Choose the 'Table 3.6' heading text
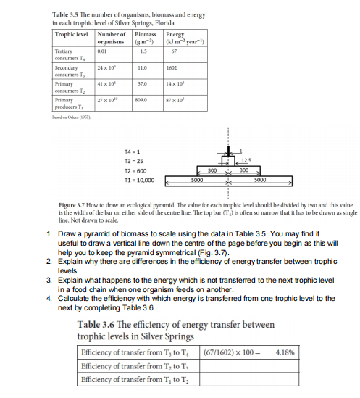96,323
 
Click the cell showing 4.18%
286,353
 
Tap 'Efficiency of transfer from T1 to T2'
134,378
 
